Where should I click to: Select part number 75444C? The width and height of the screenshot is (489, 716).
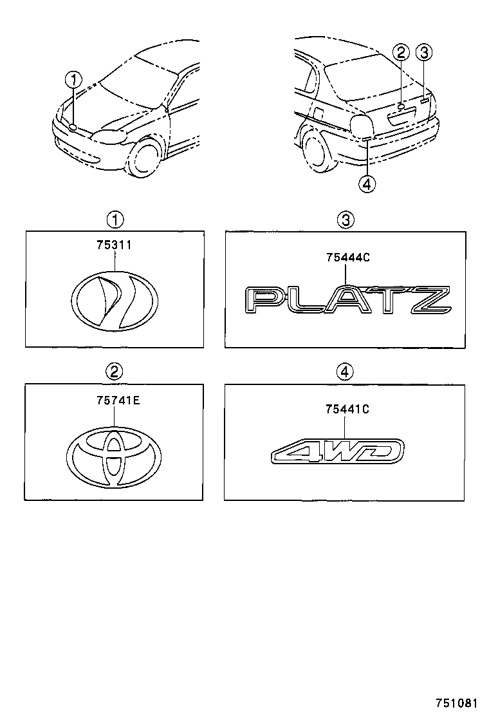[x=347, y=258]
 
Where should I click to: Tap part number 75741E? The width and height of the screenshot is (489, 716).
[x=114, y=400]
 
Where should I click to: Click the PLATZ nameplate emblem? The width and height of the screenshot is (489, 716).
[x=347, y=300]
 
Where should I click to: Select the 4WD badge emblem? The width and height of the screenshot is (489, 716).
[x=338, y=451]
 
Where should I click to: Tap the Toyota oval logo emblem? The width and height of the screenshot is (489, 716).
[x=114, y=456]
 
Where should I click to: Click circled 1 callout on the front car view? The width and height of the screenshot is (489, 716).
[x=75, y=80]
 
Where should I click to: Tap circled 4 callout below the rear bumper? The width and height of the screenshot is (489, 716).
[x=365, y=184]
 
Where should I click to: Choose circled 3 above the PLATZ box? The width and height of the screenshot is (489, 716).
[x=346, y=221]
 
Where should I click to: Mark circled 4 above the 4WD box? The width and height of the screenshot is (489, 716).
[x=346, y=371]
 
